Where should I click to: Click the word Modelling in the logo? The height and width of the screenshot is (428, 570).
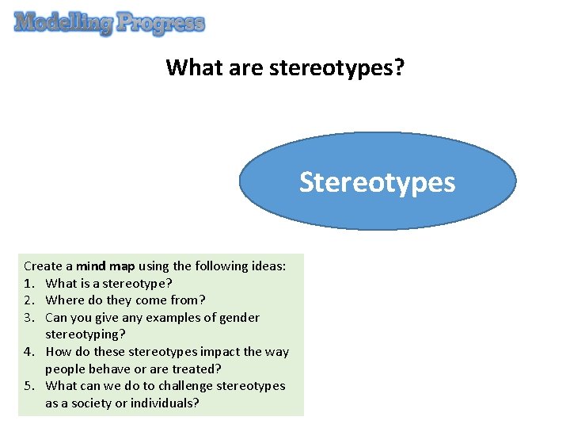point(63,23)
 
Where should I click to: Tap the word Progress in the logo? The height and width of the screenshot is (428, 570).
point(161,24)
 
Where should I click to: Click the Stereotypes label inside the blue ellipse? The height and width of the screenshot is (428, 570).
point(377,182)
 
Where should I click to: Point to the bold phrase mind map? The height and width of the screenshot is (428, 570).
point(105,266)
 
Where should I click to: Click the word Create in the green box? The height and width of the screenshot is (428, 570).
point(42,266)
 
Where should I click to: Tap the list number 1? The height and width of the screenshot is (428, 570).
point(29,283)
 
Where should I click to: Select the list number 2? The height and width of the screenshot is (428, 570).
point(29,300)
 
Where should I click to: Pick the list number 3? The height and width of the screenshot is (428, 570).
point(29,318)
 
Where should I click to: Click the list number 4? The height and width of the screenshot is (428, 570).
point(29,352)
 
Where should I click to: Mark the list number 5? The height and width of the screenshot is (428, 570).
point(29,386)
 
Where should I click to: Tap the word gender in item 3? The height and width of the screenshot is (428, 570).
point(240,318)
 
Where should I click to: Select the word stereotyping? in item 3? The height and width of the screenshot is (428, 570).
point(85,334)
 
